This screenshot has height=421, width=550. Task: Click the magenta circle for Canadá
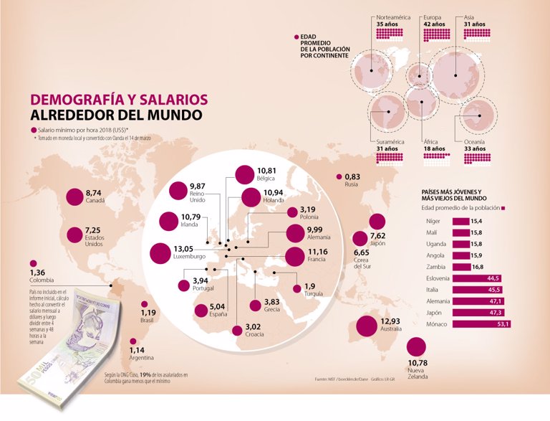(x=73, y=197)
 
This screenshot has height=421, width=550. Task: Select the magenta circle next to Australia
(x=366, y=326)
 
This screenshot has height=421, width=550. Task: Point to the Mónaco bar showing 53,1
(x=482, y=324)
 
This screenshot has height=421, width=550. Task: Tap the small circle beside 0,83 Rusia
(x=338, y=176)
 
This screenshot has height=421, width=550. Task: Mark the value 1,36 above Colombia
(x=37, y=273)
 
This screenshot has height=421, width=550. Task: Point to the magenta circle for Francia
(x=294, y=256)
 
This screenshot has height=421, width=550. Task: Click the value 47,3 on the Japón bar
(x=494, y=313)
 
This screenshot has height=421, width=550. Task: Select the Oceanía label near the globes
(x=474, y=142)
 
